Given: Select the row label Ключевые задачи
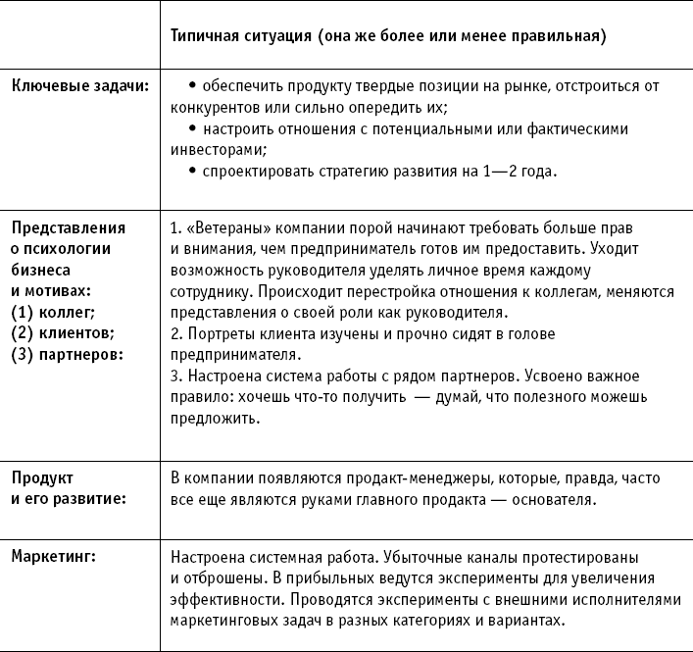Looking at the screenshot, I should click(x=79, y=86).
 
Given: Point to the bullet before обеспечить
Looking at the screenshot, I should click(x=192, y=86).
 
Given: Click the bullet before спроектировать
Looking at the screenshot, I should click(x=192, y=172).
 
